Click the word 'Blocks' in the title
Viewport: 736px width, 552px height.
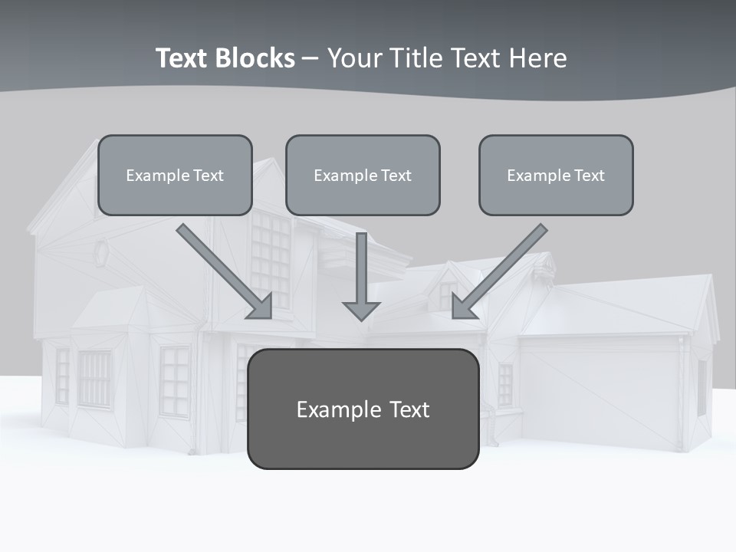tap(258, 58)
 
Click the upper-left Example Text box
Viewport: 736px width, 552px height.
tap(175, 175)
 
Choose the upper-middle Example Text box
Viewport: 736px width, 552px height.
tap(363, 175)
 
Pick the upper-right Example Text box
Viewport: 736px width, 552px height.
tap(556, 175)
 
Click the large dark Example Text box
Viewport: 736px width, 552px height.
tap(363, 409)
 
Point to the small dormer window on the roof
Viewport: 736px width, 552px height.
tap(446, 294)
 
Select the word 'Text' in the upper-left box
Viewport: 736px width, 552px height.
tap(209, 176)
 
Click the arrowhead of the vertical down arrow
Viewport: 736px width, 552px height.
tap(361, 310)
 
